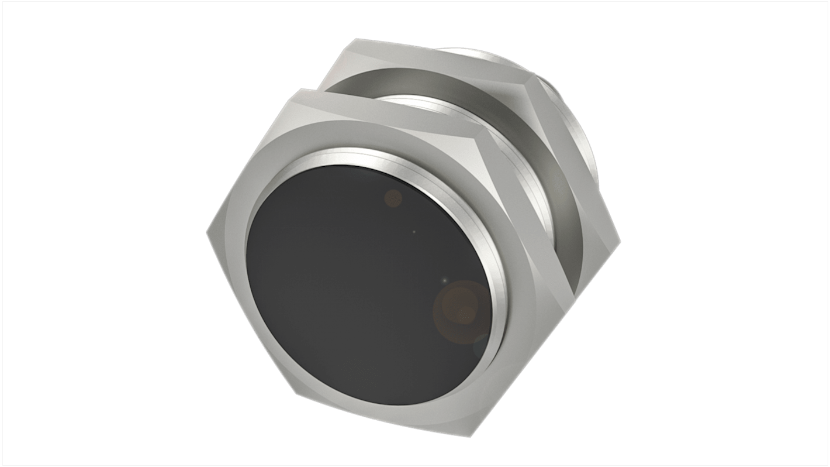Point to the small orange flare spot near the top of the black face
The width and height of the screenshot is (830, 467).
pos(393,197)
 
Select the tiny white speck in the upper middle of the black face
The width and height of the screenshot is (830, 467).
pos(414,232)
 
